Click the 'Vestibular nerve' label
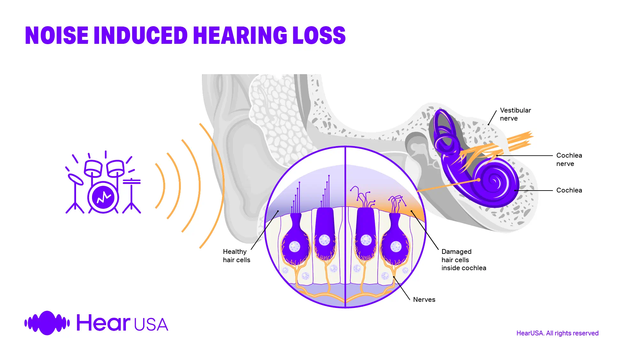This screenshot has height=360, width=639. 515,114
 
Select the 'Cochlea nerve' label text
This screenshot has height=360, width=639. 569,159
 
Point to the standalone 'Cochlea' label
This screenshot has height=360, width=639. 569,190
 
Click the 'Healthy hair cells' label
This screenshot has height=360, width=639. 236,256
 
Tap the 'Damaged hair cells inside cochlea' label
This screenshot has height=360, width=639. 464,260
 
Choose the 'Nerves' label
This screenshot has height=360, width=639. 424,300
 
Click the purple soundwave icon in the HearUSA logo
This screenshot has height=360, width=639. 47,323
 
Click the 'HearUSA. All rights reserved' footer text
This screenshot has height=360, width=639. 557,333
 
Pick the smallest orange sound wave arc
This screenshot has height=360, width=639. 164,186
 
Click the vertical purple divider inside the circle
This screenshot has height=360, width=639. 345,227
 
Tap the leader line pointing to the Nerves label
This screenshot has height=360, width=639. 402,288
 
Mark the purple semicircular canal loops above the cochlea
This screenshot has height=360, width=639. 444,131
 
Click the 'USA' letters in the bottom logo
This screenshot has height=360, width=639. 151,325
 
